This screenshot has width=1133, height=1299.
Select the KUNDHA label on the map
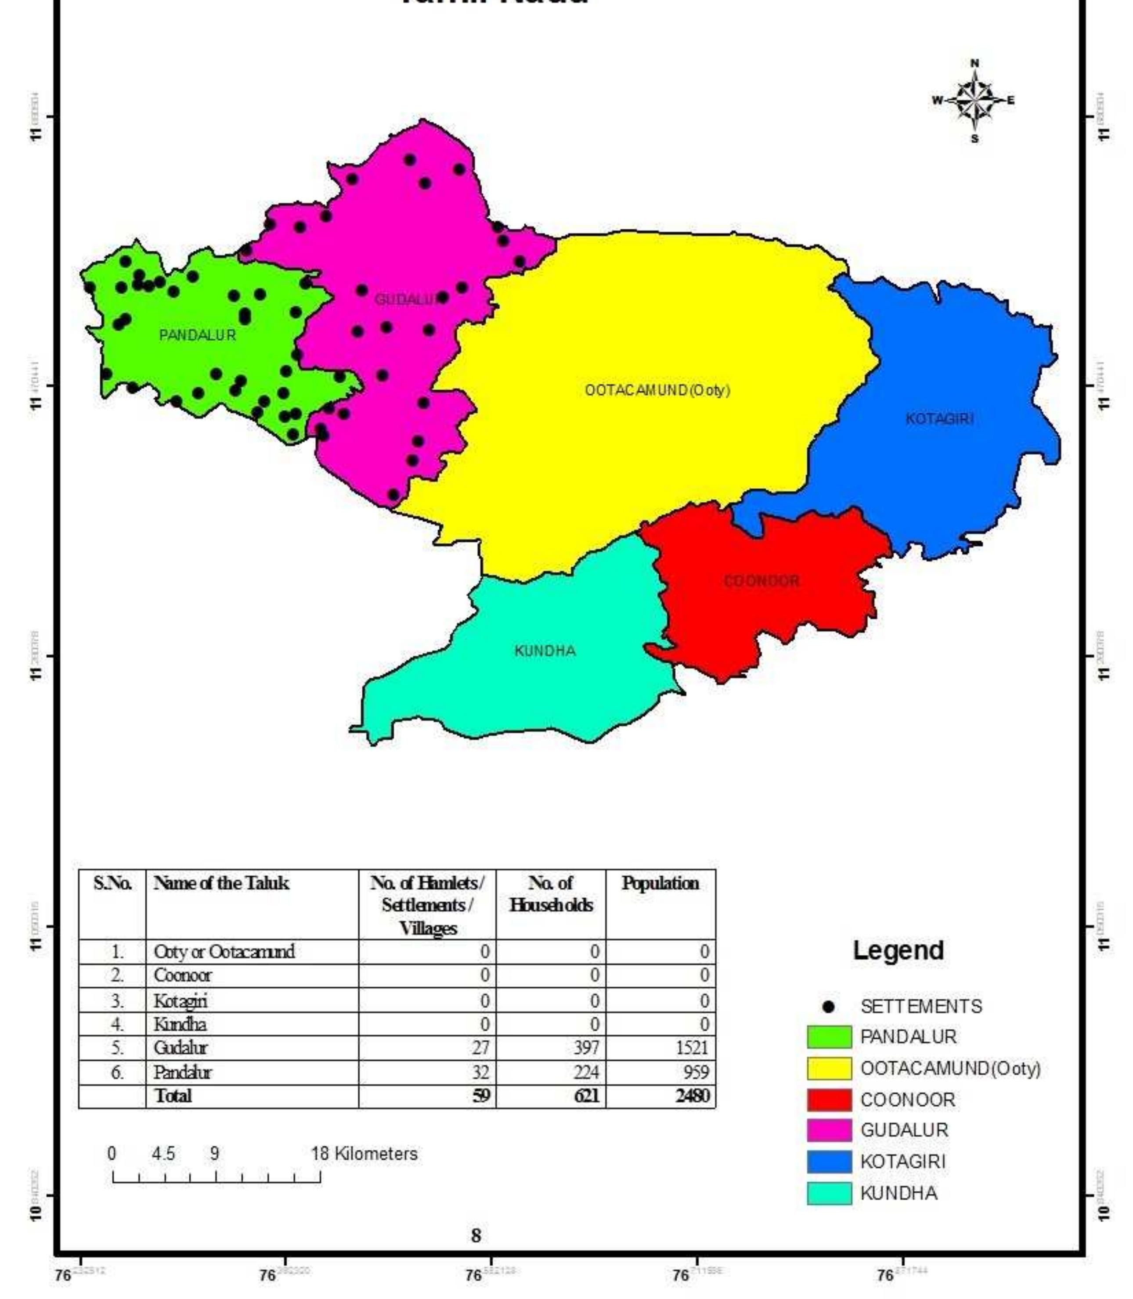pos(545,651)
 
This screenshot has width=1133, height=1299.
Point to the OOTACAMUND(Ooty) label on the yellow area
pos(657,390)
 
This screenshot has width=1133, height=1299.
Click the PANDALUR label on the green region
pos(197,335)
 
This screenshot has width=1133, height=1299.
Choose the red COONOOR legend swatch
pos(829,1100)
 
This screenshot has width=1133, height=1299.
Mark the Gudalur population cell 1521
pos(691,1047)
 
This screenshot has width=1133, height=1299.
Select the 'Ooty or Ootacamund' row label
pos(224,951)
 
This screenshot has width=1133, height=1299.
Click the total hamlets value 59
pos(481,1095)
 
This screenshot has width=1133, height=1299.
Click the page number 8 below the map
pos(476,1236)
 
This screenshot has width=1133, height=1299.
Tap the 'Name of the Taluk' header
pos(221,883)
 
